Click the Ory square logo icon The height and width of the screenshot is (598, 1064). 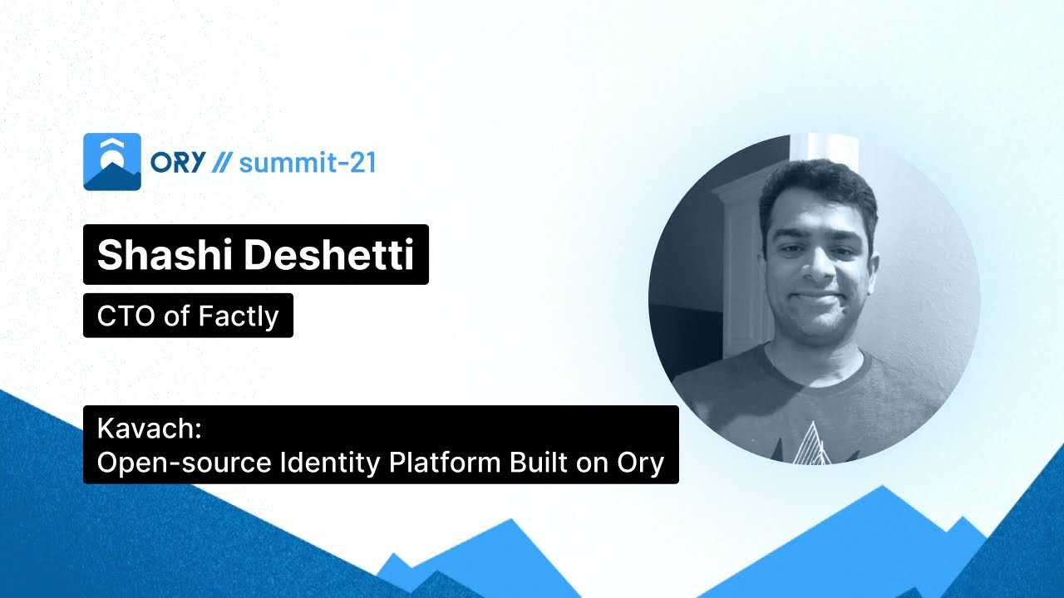(112, 162)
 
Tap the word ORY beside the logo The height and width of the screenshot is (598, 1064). (178, 162)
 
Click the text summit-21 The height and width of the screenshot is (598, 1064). (308, 163)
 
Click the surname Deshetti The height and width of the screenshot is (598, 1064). (328, 254)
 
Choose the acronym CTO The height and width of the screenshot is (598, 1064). (126, 316)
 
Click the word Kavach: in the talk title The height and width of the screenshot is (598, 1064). (150, 428)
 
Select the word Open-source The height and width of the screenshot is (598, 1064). (184, 463)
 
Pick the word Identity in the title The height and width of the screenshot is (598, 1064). (330, 463)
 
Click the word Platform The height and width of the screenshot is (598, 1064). (445, 462)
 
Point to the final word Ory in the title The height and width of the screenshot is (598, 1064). (640, 463)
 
